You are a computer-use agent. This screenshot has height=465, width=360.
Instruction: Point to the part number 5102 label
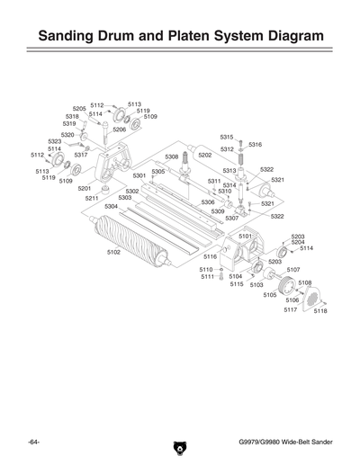click(113, 252)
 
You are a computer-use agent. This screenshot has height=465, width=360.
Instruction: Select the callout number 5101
click(245, 236)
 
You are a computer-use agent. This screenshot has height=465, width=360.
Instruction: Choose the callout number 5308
click(171, 156)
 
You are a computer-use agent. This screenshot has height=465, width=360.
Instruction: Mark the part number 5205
click(79, 108)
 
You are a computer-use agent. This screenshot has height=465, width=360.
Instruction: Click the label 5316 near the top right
click(255, 144)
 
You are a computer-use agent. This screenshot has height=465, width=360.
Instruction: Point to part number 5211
click(92, 198)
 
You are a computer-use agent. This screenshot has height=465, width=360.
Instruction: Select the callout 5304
click(111, 206)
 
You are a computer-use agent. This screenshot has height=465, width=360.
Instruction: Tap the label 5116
click(211, 256)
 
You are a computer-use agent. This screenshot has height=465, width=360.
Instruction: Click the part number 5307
click(231, 219)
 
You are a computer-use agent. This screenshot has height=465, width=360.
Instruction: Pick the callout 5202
click(205, 155)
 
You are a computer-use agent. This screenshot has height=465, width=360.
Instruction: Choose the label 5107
click(293, 269)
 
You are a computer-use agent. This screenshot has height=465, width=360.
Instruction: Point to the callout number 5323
click(54, 141)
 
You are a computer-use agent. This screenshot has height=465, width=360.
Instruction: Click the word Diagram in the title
click(278, 37)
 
